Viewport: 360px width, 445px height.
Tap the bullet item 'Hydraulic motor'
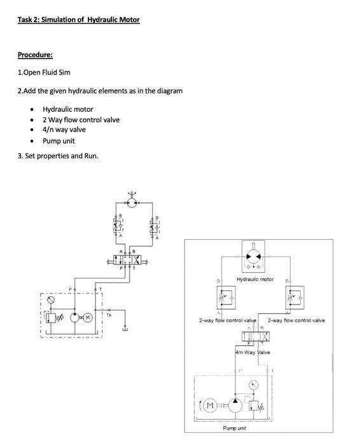click(x=67, y=109)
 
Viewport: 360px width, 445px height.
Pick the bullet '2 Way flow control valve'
click(x=81, y=120)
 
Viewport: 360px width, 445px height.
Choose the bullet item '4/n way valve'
click(x=64, y=130)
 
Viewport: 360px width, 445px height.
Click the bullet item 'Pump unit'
click(x=59, y=140)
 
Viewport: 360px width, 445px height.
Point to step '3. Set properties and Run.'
click(x=58, y=156)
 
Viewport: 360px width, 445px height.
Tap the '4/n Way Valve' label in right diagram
click(x=253, y=352)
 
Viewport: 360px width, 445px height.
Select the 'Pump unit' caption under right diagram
click(x=235, y=428)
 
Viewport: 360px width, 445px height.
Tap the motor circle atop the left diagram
click(x=132, y=202)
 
